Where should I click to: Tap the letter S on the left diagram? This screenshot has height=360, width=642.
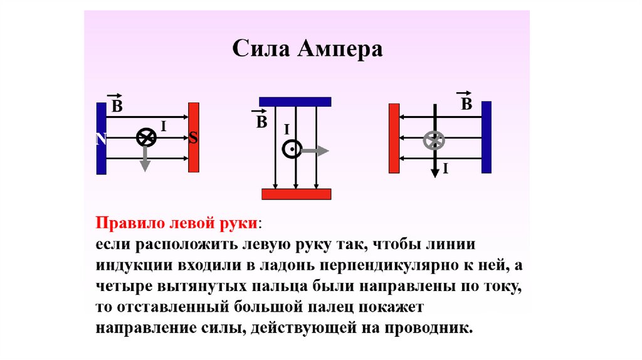[193, 139]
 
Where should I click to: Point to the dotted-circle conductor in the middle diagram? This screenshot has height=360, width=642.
[292, 149]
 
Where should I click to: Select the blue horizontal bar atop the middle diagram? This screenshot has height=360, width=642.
[295, 102]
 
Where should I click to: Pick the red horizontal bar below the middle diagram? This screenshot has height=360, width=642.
[296, 194]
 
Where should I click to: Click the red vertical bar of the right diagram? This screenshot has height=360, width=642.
[394, 138]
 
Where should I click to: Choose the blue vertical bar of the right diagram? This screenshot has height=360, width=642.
[486, 137]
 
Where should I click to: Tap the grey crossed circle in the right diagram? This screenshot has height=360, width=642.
[433, 140]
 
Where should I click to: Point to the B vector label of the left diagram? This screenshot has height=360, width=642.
[116, 105]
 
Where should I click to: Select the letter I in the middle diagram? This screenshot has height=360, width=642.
[286, 130]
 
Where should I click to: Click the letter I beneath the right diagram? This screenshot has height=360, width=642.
[445, 169]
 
